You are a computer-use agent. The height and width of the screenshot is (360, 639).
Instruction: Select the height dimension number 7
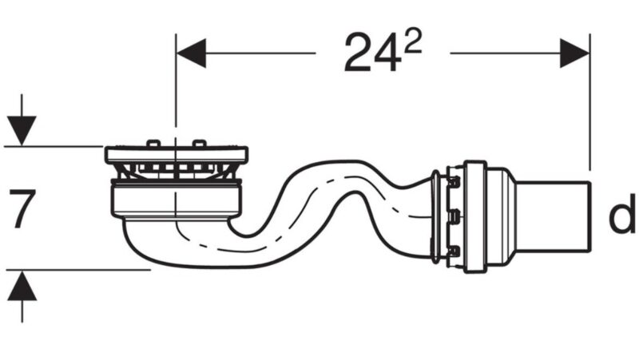(22, 208)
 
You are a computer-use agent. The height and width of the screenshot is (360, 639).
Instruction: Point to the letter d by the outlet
(621, 214)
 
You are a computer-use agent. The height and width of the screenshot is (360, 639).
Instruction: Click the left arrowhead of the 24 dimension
(191, 53)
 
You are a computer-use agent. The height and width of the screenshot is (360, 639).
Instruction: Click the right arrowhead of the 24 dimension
(574, 53)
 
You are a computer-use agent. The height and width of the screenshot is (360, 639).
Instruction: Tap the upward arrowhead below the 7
(22, 287)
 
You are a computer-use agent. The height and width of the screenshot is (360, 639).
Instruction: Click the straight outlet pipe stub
(552, 216)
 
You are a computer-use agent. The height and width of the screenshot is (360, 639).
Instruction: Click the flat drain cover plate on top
(177, 154)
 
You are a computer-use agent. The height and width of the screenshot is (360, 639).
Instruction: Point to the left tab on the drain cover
(153, 143)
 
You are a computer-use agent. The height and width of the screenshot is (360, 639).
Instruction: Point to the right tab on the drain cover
(199, 143)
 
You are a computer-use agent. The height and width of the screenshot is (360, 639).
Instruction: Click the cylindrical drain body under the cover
(177, 200)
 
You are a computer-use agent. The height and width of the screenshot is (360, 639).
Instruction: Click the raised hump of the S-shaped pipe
(347, 167)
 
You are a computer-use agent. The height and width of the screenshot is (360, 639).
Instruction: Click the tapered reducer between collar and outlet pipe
(502, 216)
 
